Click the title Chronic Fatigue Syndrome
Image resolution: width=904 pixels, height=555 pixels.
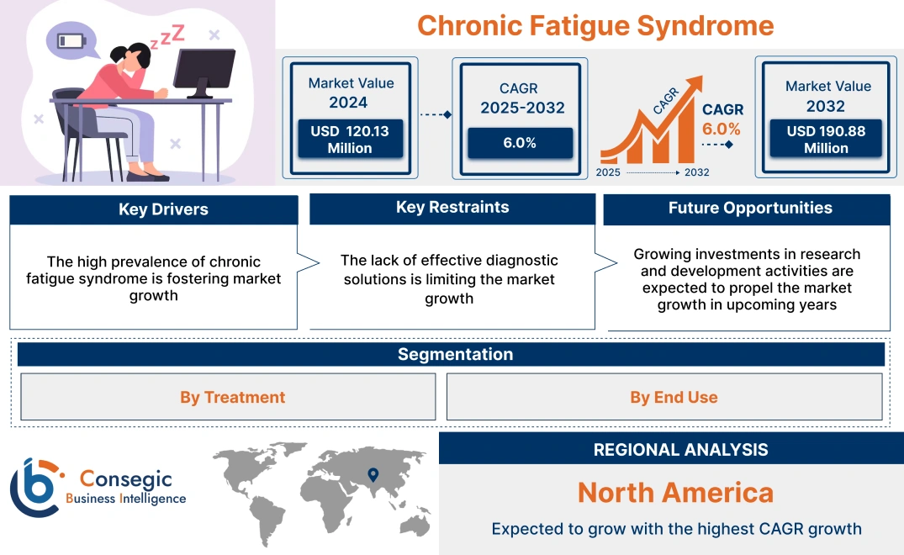(x=595, y=25)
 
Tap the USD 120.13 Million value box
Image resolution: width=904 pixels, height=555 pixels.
(x=349, y=140)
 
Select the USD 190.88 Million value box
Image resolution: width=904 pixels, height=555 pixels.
(x=826, y=140)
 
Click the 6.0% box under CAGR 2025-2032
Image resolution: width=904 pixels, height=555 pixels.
(x=520, y=143)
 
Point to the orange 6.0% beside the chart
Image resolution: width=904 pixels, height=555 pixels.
(x=722, y=129)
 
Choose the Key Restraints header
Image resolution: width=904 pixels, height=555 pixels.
(x=452, y=208)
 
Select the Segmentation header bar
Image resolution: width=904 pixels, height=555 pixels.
(x=455, y=354)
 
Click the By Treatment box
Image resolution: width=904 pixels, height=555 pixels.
(x=232, y=397)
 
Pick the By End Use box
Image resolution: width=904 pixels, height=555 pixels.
(x=674, y=397)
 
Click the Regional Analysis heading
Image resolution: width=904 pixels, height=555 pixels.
(x=680, y=450)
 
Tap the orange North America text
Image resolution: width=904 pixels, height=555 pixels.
(x=675, y=492)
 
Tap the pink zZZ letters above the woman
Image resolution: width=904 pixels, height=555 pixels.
(x=172, y=35)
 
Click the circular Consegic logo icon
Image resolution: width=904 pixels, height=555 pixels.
(x=35, y=487)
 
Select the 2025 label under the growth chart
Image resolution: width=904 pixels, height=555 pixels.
(x=609, y=172)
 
